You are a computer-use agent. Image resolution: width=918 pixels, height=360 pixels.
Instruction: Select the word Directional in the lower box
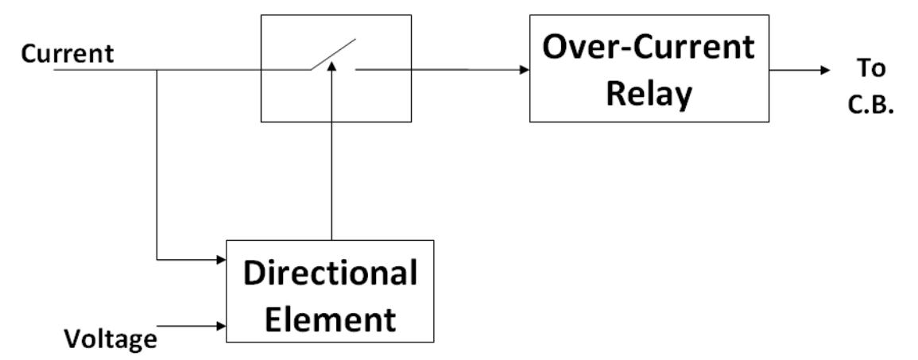pyautogui.click(x=330, y=274)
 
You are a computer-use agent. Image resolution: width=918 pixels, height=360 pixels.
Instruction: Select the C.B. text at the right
pyautogui.click(x=873, y=106)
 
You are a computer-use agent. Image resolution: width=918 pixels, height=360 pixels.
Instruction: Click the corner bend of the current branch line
pyautogui.click(x=157, y=259)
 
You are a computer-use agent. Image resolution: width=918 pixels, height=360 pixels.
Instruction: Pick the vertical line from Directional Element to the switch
pyautogui.click(x=333, y=159)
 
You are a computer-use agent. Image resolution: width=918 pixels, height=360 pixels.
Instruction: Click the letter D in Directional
pyautogui.click(x=253, y=274)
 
